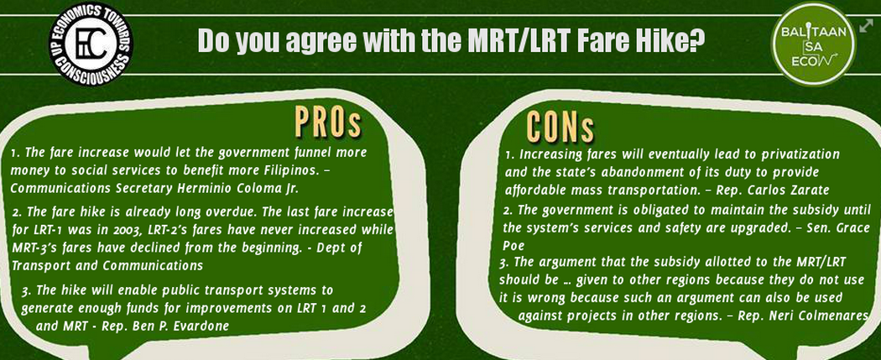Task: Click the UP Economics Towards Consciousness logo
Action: pyautogui.click(x=91, y=44)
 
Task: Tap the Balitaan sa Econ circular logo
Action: pyautogui.click(x=814, y=44)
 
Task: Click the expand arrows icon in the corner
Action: pyautogui.click(x=867, y=25)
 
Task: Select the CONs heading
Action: pyautogui.click(x=560, y=127)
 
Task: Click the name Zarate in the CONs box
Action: pyautogui.click(x=810, y=190)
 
